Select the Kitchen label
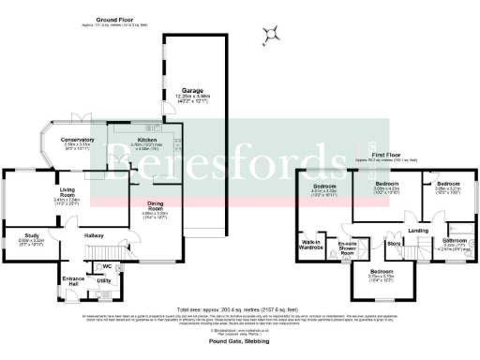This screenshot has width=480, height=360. coord(147,139)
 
